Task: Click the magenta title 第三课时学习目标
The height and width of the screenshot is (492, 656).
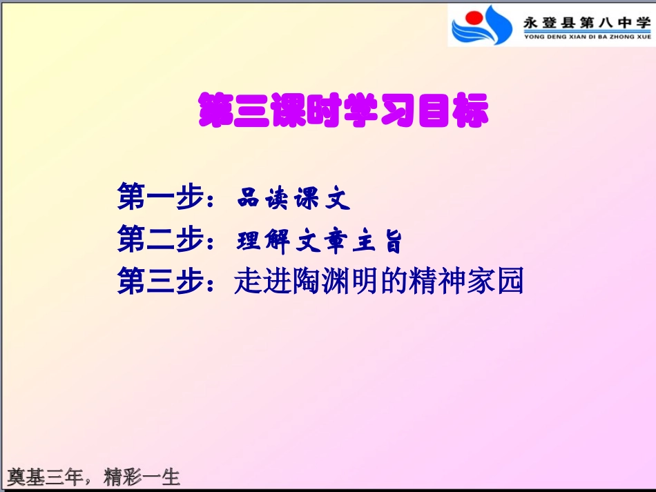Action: coord(343,111)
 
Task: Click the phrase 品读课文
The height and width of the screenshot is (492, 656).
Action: coord(293,199)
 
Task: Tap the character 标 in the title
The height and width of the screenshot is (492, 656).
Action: coord(471,111)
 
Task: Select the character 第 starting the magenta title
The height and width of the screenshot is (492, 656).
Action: coord(215,111)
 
